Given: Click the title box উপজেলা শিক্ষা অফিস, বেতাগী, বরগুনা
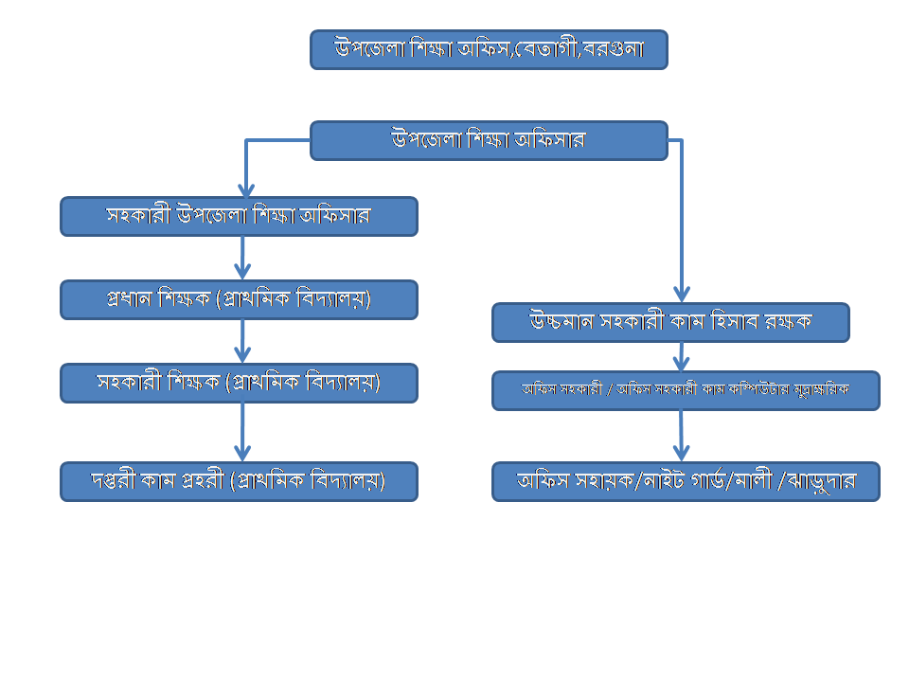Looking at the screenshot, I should click(x=489, y=49).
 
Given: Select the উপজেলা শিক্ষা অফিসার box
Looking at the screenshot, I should click(x=489, y=140).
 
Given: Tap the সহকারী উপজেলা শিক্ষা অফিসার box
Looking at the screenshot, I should click(x=239, y=216).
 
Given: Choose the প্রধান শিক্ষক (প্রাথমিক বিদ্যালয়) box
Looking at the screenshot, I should click(x=239, y=299).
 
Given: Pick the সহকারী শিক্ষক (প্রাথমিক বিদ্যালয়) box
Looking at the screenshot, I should click(x=239, y=383).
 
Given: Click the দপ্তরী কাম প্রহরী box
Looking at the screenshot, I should click(x=239, y=481).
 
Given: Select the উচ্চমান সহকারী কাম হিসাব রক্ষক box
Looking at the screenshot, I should click(x=670, y=322).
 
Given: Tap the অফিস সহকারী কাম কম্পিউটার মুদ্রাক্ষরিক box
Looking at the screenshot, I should click(x=686, y=390).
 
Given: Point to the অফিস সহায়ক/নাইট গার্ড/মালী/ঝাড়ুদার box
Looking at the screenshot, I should click(x=686, y=481).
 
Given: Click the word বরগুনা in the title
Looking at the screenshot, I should click(x=614, y=49).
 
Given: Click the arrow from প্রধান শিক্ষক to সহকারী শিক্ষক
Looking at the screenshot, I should click(x=242, y=341).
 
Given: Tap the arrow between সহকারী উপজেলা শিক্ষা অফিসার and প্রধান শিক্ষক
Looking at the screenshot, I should click(x=242, y=258).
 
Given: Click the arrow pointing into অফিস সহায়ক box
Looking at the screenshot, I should click(x=681, y=436).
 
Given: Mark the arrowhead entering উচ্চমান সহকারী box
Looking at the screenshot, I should click(x=682, y=294).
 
